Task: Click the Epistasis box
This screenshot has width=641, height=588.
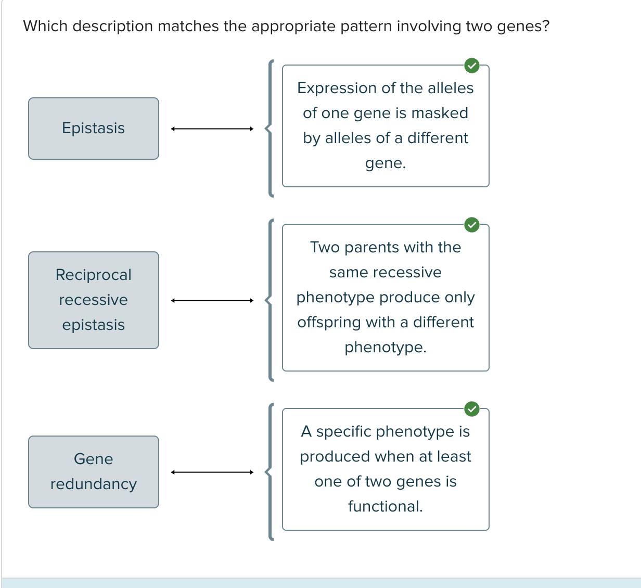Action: pos(94,129)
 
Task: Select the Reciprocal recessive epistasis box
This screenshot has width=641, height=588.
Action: pos(94,300)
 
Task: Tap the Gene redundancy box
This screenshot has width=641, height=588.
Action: pos(94,472)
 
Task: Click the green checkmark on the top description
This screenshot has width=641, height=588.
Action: pos(471,66)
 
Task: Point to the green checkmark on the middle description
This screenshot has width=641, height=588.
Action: pos(471,225)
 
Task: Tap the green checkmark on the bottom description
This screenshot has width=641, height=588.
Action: pos(471,409)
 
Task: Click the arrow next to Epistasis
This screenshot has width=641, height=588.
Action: pos(212,129)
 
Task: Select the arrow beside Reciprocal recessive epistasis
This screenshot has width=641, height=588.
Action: pos(212,300)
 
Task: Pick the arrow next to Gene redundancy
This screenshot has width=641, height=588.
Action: pos(212,472)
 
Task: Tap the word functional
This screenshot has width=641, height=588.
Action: pos(385,506)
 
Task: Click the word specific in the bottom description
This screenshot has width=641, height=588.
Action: pos(344,432)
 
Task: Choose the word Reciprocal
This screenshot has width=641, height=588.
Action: pos(94,275)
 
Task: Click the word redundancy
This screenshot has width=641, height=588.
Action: pos(94,484)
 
